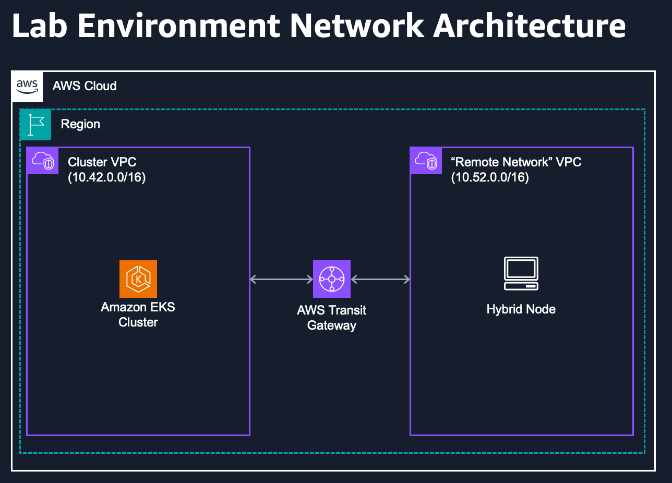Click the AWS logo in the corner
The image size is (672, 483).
pyautogui.click(x=28, y=86)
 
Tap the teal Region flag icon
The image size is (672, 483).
pyautogui.click(x=35, y=125)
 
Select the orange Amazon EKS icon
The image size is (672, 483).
pyautogui.click(x=138, y=279)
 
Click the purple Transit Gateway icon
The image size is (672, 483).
pyautogui.click(x=332, y=279)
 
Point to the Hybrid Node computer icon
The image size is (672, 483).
pyautogui.click(x=521, y=274)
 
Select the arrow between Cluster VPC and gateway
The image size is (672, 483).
pyautogui.click(x=281, y=280)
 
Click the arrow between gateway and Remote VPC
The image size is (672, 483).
pyautogui.click(x=381, y=280)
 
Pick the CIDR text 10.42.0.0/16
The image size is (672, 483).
pyautogui.click(x=107, y=177)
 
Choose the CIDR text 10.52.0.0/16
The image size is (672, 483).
pyautogui.click(x=490, y=177)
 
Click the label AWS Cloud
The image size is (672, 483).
pyautogui.click(x=85, y=86)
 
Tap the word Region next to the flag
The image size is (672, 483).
pyautogui.click(x=80, y=125)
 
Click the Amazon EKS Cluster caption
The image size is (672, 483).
pyautogui.click(x=138, y=315)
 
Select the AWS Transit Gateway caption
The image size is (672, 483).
pyautogui.click(x=332, y=318)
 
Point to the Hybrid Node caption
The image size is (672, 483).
pyautogui.click(x=521, y=309)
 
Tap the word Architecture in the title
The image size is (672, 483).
pyautogui.click(x=529, y=26)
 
